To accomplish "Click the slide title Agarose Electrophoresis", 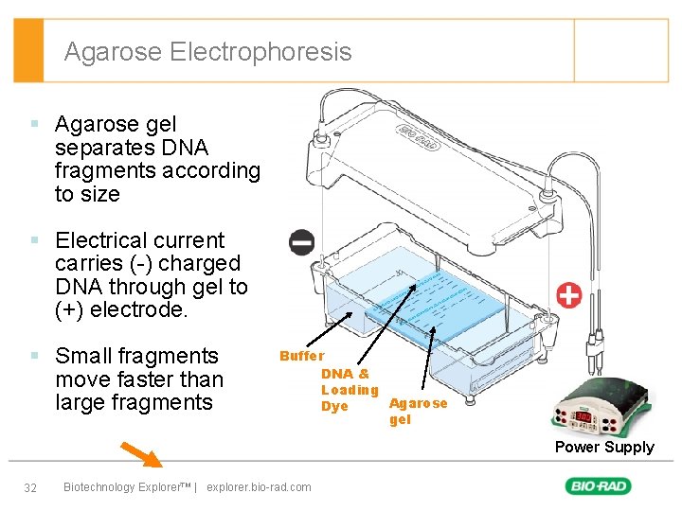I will pyautogui.click(x=207, y=52).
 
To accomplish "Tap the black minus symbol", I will pyautogui.click(x=302, y=242).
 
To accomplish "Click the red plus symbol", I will pyautogui.click(x=569, y=294).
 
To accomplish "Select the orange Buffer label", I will pyautogui.click(x=302, y=356).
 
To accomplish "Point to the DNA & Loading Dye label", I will pyautogui.click(x=349, y=390).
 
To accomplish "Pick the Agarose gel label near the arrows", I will pyautogui.click(x=418, y=411).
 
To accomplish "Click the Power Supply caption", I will pyautogui.click(x=603, y=447).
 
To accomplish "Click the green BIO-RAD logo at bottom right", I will pyautogui.click(x=599, y=486).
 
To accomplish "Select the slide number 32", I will pyautogui.click(x=30, y=487).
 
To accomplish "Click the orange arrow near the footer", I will pyautogui.click(x=141, y=455).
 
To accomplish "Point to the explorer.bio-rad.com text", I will pyautogui.click(x=258, y=487).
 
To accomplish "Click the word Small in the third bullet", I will pyautogui.click(x=82, y=356).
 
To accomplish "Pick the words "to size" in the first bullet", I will pyautogui.click(x=87, y=194).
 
